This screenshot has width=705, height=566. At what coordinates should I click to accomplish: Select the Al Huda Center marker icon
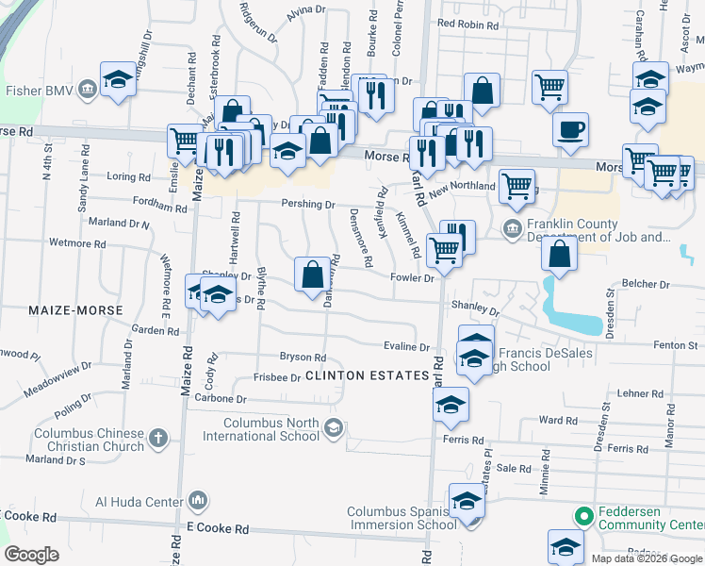click(198, 499)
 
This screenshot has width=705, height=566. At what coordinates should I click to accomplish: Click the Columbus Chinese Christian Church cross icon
click(157, 439)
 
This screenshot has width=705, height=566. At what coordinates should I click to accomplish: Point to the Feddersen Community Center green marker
click(583, 517)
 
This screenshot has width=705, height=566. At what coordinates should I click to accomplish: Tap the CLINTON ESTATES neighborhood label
click(368, 375)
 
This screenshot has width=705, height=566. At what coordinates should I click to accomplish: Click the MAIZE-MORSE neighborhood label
click(75, 309)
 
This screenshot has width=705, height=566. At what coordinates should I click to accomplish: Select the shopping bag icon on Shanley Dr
click(311, 274)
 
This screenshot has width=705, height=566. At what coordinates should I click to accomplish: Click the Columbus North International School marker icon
click(332, 429)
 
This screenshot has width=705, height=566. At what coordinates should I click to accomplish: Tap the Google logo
click(31, 555)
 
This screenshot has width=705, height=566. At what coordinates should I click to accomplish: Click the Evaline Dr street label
click(406, 347)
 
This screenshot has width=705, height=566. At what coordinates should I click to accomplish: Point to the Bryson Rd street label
click(303, 358)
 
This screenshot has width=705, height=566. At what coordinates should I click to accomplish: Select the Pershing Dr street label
click(307, 204)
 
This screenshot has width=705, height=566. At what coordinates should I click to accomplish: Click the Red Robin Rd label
click(465, 24)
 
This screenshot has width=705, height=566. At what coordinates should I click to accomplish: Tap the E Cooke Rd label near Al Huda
click(219, 528)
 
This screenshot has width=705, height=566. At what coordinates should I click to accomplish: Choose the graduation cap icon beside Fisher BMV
click(119, 79)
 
